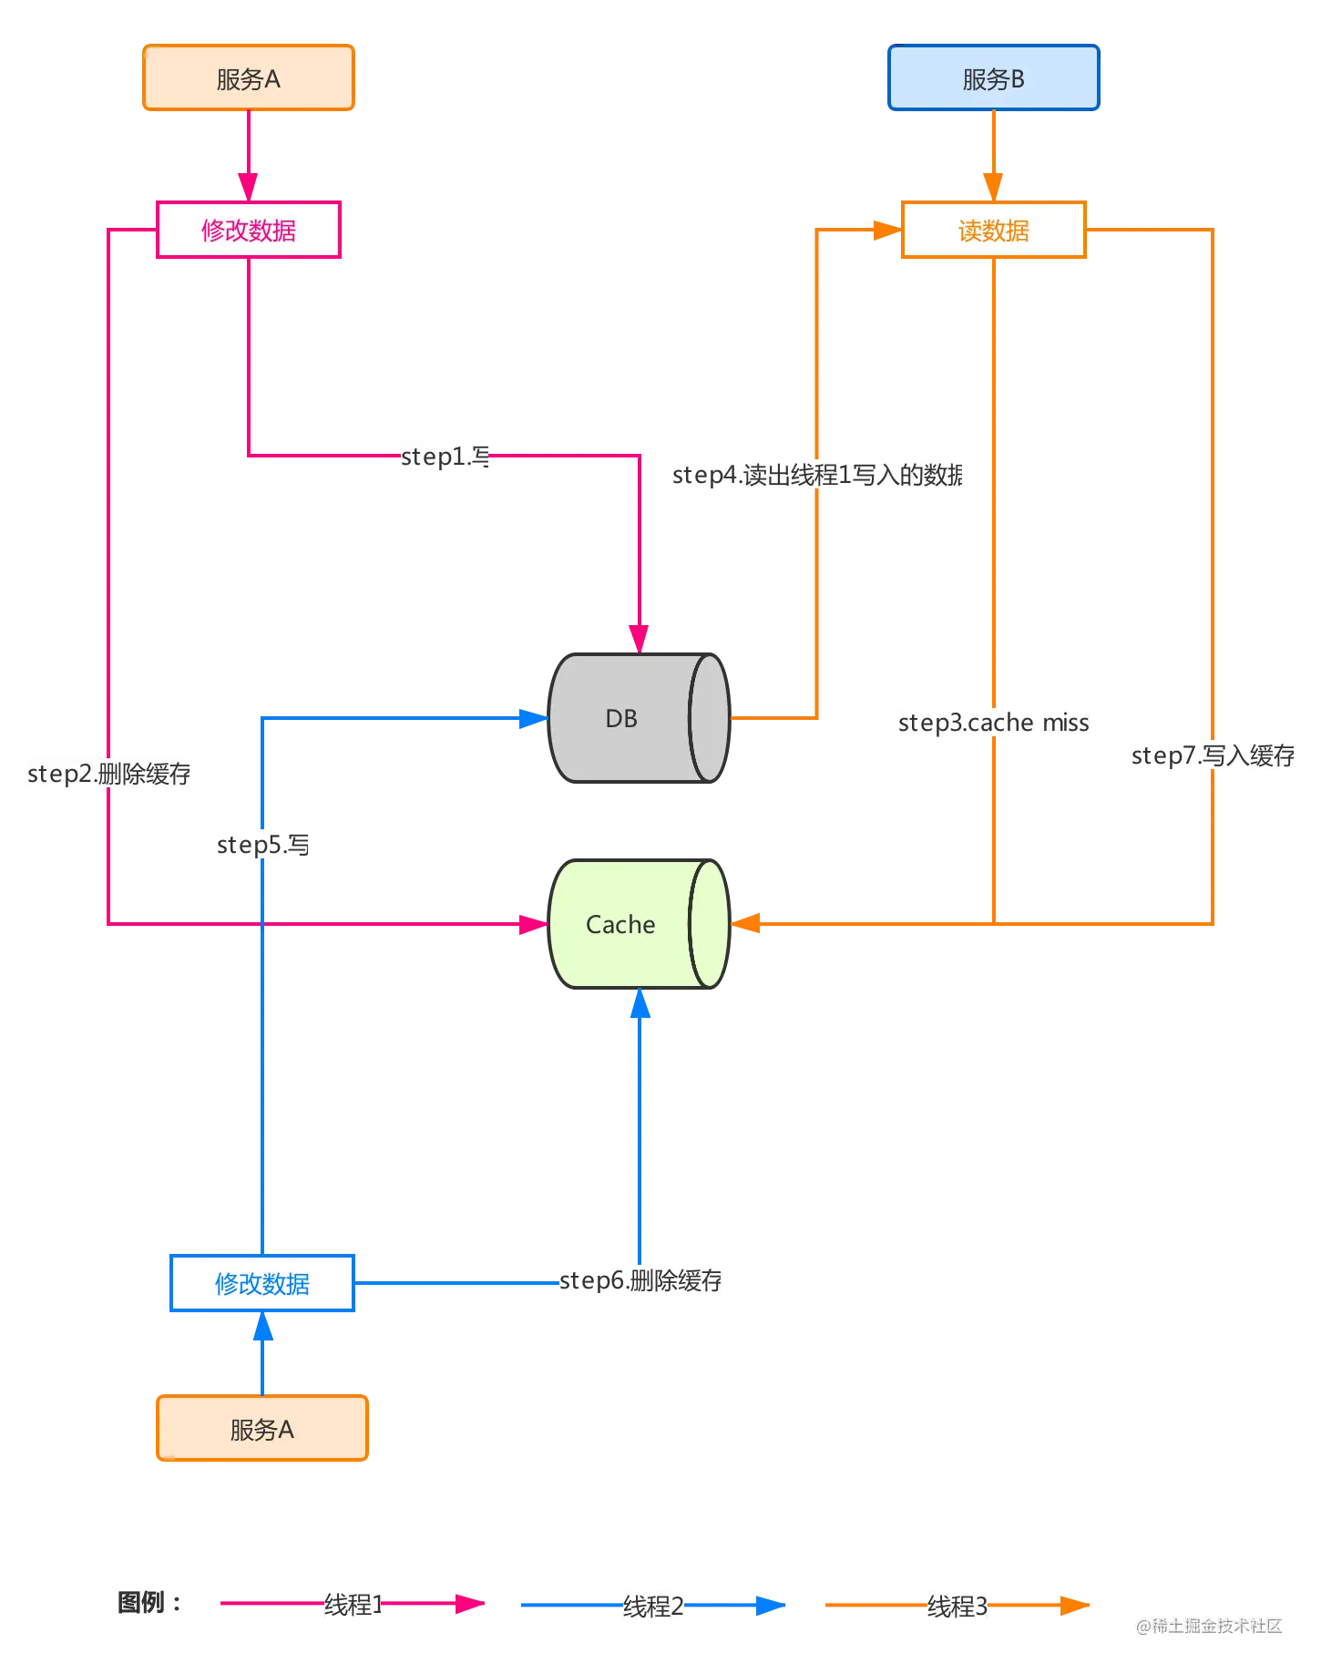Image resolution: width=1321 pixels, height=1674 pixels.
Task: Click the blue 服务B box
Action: pos(993,79)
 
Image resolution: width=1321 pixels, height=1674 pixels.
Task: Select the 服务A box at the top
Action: pos(248,79)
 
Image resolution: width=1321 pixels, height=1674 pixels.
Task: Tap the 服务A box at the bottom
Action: pos(261,1429)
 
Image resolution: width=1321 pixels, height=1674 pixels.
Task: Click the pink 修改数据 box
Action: pos(248,231)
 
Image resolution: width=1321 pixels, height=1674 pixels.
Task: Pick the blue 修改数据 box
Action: pos(261,1283)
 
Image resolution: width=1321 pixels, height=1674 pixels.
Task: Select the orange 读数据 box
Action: pos(993,231)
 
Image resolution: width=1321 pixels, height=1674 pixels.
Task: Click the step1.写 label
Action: pos(445,456)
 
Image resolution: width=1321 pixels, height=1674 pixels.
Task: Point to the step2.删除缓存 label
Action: pos(108,774)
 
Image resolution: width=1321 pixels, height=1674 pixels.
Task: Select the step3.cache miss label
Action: pos(994,723)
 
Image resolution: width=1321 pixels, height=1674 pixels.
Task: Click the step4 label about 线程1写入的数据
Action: pos(816,475)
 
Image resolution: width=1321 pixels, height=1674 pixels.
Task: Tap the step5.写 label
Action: pos(262,844)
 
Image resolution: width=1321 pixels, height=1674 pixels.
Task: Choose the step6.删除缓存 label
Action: pos(640,1280)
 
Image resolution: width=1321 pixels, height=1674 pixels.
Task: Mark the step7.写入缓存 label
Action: pos(1213,755)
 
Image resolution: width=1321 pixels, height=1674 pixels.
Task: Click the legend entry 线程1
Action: pos(353,1604)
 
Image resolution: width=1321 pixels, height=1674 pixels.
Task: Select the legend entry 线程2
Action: pos(652,1606)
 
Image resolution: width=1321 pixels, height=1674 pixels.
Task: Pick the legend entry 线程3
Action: pos(957,1606)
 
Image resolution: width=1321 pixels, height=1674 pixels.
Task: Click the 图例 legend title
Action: pos(143,1602)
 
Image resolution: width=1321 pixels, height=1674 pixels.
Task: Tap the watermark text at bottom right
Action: pos(1209,1624)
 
